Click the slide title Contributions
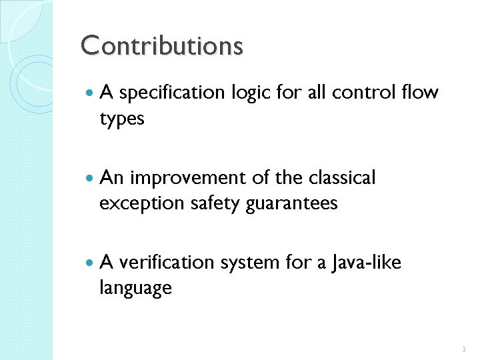[162, 46]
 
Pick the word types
[122, 119]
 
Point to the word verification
[164, 263]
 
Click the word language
[135, 289]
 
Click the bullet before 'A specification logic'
[89, 94]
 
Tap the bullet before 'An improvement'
[89, 179]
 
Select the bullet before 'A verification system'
[89, 263]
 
